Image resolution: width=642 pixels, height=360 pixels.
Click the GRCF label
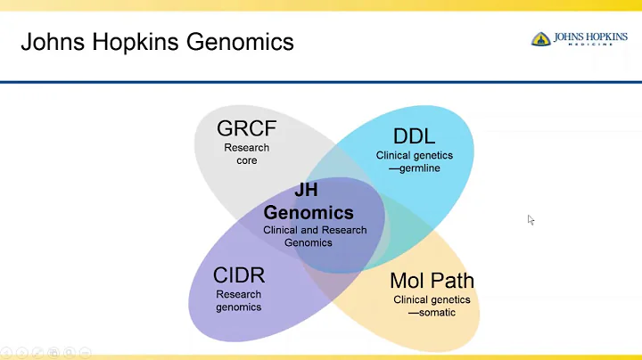[x=247, y=127]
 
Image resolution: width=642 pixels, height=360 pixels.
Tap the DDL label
[x=414, y=136]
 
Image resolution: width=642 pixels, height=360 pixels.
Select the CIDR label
[x=238, y=274]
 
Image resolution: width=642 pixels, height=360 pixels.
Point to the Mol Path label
[x=432, y=281]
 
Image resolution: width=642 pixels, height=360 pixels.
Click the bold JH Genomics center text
[x=309, y=202]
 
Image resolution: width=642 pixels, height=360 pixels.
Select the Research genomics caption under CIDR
[x=238, y=300]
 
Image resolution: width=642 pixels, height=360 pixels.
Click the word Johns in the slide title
[x=48, y=42]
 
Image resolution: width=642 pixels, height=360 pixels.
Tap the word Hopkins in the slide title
[x=136, y=42]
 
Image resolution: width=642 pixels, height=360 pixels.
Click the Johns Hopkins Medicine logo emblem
[x=540, y=39]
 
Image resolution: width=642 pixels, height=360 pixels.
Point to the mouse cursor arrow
[x=531, y=219]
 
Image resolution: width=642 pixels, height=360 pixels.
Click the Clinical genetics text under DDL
[x=414, y=155]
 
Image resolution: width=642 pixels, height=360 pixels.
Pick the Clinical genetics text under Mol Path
[x=432, y=300]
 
